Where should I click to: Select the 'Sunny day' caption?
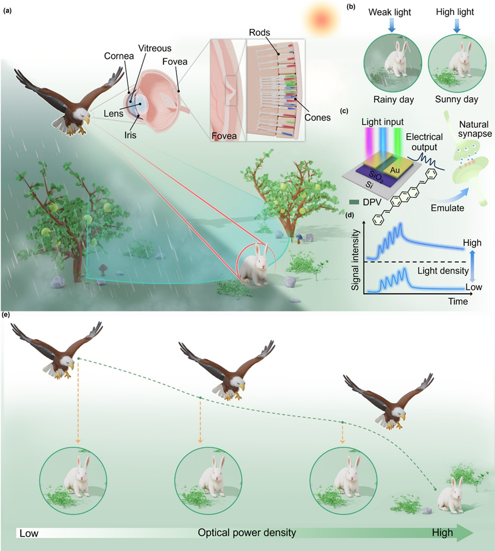click(457, 99)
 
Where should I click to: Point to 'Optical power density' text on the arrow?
click(247, 532)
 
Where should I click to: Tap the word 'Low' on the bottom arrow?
click(29, 533)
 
